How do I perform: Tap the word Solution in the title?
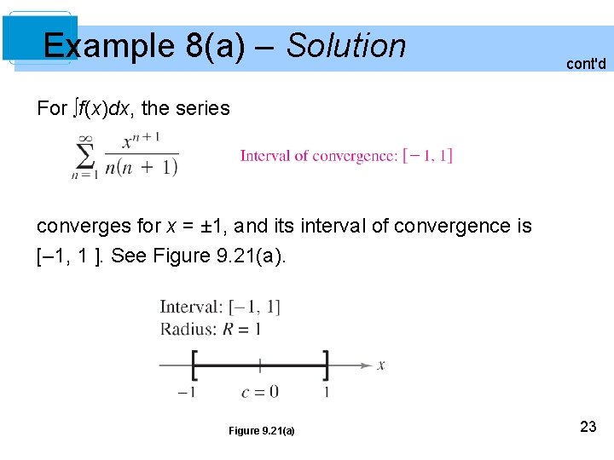(346, 45)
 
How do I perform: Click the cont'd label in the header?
(586, 64)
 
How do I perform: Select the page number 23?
(588, 427)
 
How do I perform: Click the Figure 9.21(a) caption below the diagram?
(261, 431)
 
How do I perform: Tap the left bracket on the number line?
(195, 365)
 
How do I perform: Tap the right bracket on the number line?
(325, 365)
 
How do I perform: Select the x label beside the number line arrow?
(381, 365)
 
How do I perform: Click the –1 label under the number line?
(187, 392)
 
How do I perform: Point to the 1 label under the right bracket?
(327, 392)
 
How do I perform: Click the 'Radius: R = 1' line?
(211, 329)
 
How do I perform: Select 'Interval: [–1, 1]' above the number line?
(220, 308)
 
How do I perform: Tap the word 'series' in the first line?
(202, 108)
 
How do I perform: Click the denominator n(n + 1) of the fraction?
(141, 168)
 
